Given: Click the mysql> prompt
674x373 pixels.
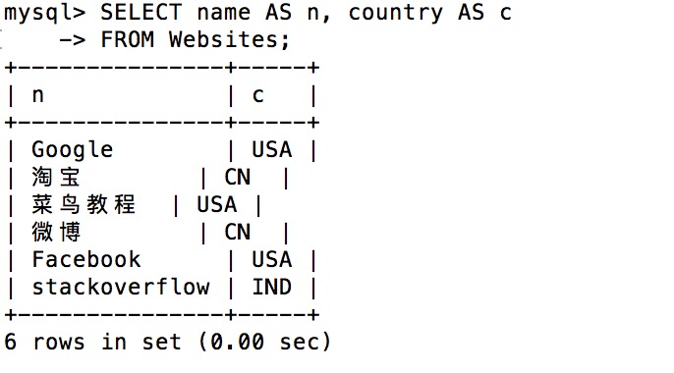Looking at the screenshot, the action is click(x=45, y=14).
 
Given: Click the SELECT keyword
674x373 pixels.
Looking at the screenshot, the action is click(x=141, y=13).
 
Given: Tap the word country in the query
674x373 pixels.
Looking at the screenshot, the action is click(x=395, y=14).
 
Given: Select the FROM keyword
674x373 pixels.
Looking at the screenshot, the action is click(x=128, y=40).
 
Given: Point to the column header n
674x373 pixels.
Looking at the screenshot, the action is click(x=37, y=95).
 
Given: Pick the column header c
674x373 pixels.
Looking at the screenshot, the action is click(x=257, y=95).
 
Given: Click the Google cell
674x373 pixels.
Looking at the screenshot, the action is click(x=73, y=150).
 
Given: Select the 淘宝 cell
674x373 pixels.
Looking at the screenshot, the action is click(x=55, y=178).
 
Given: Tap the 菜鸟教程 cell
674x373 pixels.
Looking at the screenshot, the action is click(x=84, y=205).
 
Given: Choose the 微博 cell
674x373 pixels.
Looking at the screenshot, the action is click(x=55, y=233).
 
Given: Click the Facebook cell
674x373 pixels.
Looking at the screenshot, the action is click(x=86, y=260).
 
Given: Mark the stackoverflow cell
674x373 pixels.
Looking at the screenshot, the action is click(x=121, y=288).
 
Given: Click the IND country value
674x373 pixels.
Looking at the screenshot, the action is click(x=271, y=288).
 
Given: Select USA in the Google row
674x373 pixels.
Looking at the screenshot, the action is click(x=271, y=150).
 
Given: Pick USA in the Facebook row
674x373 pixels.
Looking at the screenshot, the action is click(x=271, y=260).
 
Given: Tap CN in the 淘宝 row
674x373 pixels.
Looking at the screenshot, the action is click(x=238, y=178).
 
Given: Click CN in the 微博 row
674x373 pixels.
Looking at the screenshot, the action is click(x=238, y=233).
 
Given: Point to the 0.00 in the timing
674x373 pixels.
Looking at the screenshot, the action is click(x=238, y=343).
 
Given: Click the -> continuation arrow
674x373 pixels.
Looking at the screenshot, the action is click(x=73, y=40).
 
